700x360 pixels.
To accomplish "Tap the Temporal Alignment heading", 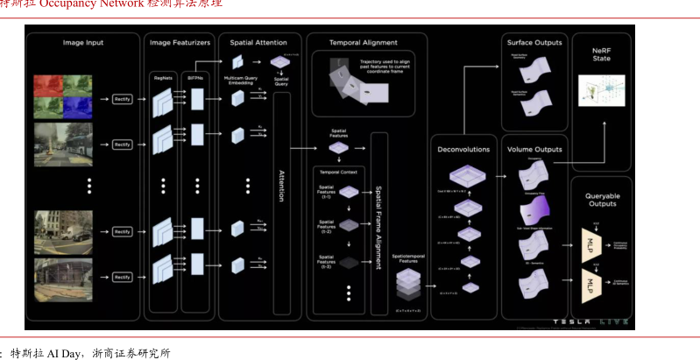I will tap(363, 42).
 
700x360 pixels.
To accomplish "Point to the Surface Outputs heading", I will tap(535, 42).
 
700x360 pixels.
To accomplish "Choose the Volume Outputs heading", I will tap(535, 150).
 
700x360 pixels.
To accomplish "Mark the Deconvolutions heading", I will tap(464, 150).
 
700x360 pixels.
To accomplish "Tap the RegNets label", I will tap(162, 77).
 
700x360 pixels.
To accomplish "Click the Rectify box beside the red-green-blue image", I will tap(122, 100).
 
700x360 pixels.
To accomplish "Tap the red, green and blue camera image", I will tap(62, 95).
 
